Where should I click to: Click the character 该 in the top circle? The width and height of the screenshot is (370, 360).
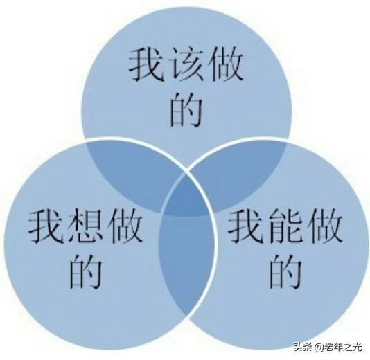point(186,64)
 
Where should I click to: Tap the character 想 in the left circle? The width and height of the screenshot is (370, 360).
point(85,226)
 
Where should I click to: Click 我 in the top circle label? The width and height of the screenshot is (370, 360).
point(146,64)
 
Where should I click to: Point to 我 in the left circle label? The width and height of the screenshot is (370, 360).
point(46,226)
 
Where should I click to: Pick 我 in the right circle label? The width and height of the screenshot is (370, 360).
point(246,226)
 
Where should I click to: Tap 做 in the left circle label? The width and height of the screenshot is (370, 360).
point(125,226)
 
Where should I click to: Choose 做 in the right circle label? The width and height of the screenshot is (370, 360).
point(326,226)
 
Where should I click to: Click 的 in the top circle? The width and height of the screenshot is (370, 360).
point(186,109)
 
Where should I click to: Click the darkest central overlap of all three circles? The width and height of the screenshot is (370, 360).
point(186,198)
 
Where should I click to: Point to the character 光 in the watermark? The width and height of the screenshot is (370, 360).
point(358,347)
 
